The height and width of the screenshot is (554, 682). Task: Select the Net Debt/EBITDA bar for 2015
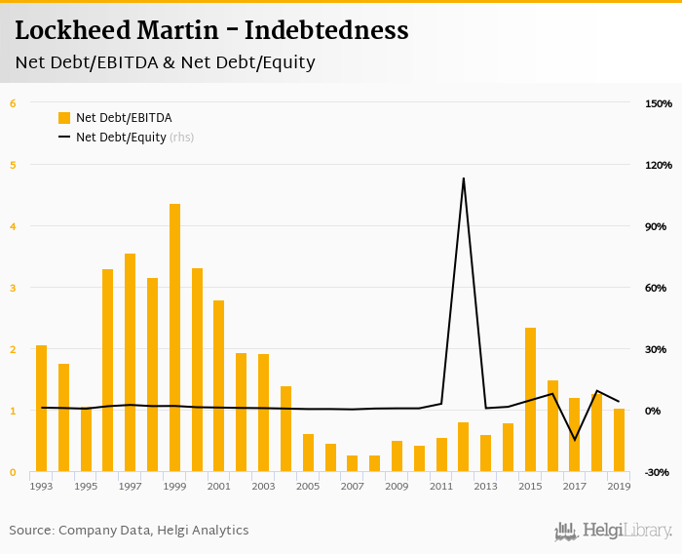click(x=530, y=400)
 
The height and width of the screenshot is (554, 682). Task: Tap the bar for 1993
click(x=41, y=409)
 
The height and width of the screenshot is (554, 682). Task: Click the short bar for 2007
click(x=352, y=463)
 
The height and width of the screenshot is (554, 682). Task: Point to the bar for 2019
click(x=619, y=440)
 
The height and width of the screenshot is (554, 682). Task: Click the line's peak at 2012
click(x=463, y=178)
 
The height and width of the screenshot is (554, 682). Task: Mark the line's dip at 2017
click(x=575, y=439)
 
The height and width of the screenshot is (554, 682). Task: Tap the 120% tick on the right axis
click(x=659, y=165)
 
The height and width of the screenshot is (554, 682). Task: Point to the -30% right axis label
click(x=657, y=473)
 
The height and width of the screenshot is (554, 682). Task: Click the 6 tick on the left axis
click(x=13, y=103)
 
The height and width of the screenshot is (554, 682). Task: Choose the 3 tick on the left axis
click(x=13, y=288)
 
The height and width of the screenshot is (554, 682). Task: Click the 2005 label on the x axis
click(x=308, y=486)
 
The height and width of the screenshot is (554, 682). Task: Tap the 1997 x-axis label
click(x=130, y=486)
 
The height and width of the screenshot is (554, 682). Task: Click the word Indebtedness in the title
click(x=326, y=30)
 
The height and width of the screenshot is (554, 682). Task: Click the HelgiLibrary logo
click(x=613, y=531)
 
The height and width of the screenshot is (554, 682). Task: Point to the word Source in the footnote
click(x=30, y=531)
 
